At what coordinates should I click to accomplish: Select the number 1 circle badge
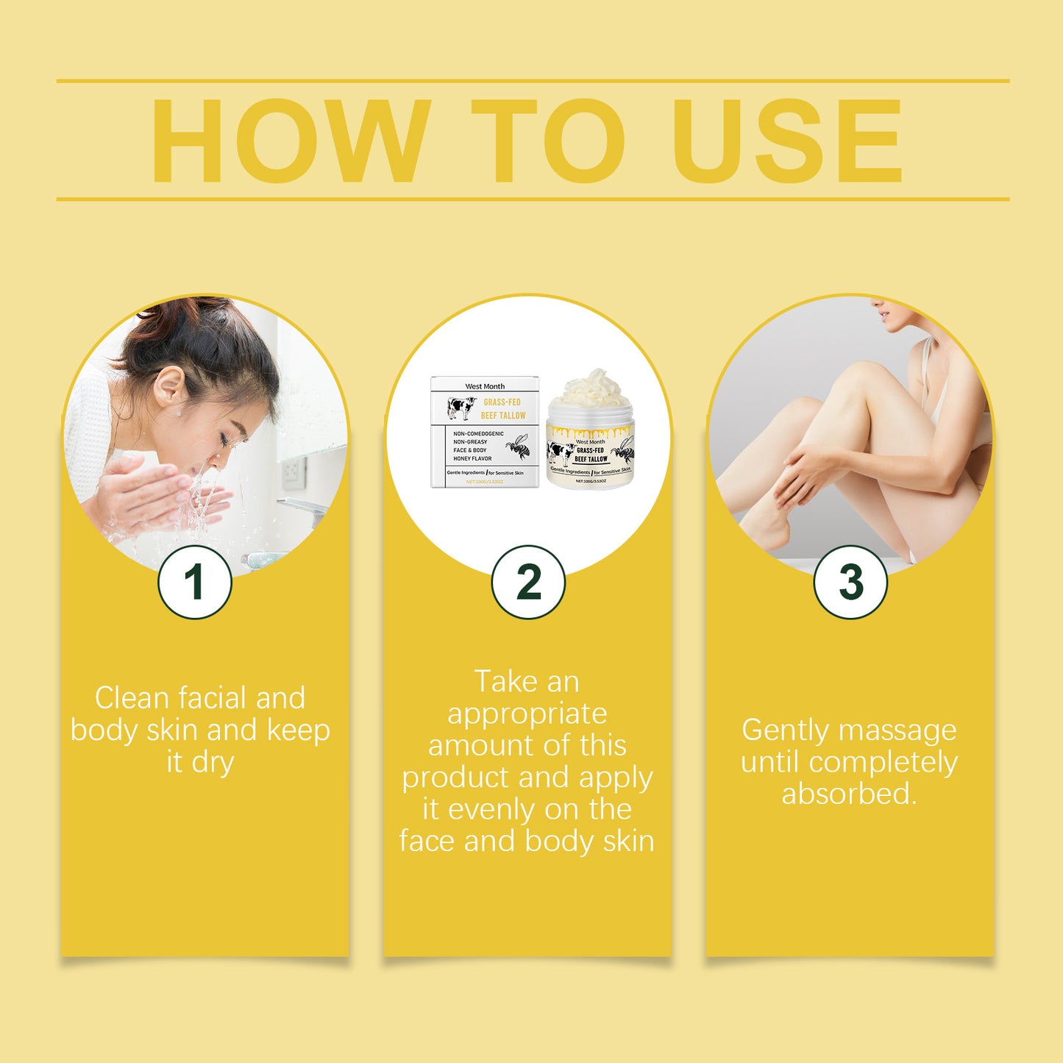point(195,582)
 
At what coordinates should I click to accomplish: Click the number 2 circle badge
point(528,582)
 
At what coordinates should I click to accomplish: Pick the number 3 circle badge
point(850,582)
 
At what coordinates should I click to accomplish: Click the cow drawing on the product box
point(462,408)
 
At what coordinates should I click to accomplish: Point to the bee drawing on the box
point(519,446)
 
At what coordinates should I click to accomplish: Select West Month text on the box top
point(485,386)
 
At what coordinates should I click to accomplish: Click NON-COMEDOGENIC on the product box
point(478,433)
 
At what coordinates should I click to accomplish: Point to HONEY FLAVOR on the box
point(472,458)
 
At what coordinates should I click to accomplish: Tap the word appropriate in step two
point(527,714)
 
